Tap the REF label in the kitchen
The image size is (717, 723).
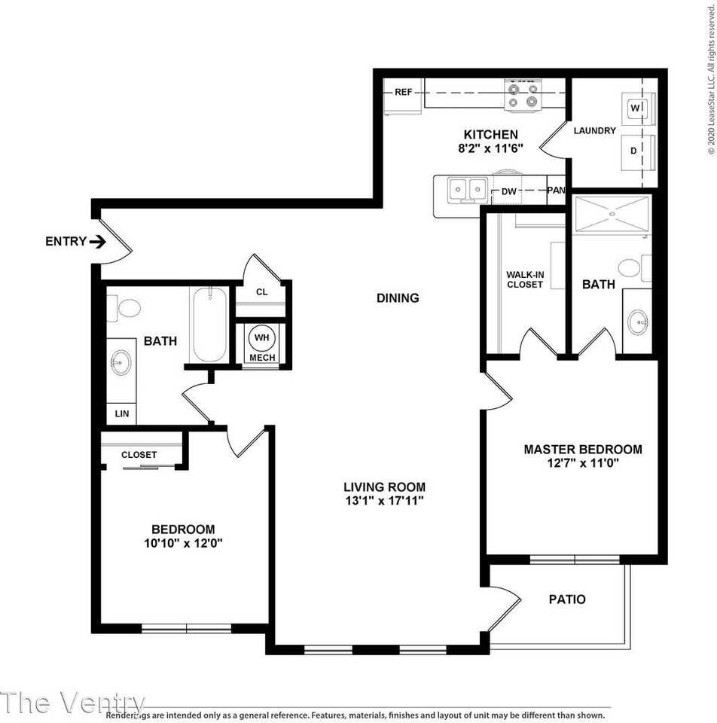click(403, 93)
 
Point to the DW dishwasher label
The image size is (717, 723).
click(509, 191)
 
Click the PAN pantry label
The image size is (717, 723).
click(556, 191)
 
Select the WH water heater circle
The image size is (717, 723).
click(262, 337)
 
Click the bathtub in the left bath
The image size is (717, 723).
click(209, 325)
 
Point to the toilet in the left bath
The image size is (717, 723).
click(127, 307)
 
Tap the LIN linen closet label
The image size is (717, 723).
click(121, 413)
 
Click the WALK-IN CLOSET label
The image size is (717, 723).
click(525, 279)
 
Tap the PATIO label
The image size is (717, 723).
click(566, 599)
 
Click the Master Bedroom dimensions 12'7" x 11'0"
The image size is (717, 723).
click(582, 464)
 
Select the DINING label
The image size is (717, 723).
click(398, 298)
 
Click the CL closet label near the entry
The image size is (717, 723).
click(262, 292)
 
